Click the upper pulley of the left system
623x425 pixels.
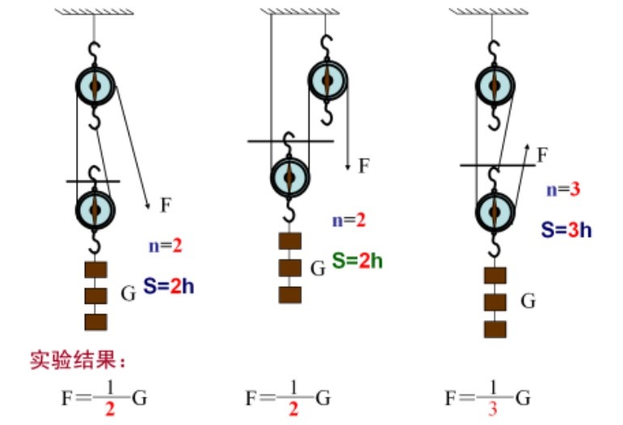(x=95, y=85)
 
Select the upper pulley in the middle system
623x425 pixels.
(x=327, y=78)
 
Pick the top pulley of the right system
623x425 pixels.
(x=495, y=85)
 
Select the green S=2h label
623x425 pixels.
(x=357, y=259)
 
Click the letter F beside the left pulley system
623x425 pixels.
(x=165, y=205)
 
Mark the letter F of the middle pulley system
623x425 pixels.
(x=364, y=166)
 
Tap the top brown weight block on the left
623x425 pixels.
(x=95, y=270)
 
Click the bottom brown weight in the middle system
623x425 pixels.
(x=289, y=294)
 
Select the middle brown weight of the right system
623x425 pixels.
(x=495, y=302)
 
